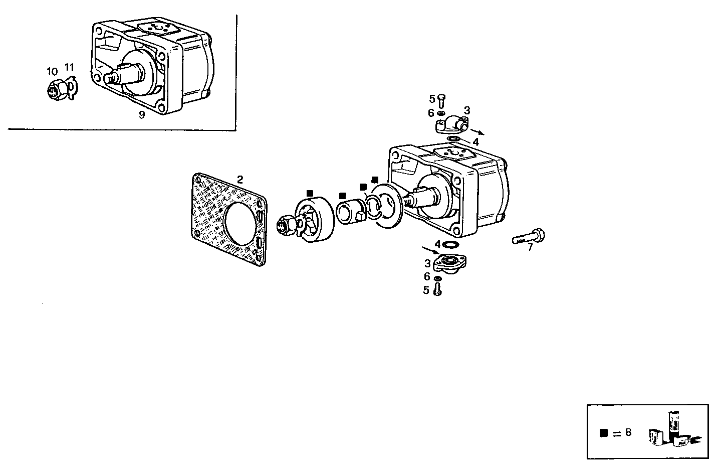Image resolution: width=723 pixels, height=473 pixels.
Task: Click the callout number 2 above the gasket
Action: (240, 180)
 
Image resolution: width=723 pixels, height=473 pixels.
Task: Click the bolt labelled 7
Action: (529, 237)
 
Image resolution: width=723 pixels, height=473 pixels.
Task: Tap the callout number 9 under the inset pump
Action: (142, 115)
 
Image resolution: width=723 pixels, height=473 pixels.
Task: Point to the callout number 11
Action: (69, 67)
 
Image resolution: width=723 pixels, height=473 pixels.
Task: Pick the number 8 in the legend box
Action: (628, 432)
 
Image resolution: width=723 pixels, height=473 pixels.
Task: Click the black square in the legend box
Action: (604, 432)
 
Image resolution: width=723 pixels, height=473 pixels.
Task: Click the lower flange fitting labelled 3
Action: (450, 261)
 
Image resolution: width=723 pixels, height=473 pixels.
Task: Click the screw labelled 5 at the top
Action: (441, 101)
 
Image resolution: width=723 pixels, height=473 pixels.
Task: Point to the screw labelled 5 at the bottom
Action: (437, 289)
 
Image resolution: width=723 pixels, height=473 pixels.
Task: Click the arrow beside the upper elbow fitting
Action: (477, 132)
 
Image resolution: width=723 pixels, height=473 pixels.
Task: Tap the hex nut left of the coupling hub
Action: (286, 225)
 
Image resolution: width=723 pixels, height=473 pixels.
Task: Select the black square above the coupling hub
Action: (310, 193)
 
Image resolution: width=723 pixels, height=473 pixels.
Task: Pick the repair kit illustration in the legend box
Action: (674, 431)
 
